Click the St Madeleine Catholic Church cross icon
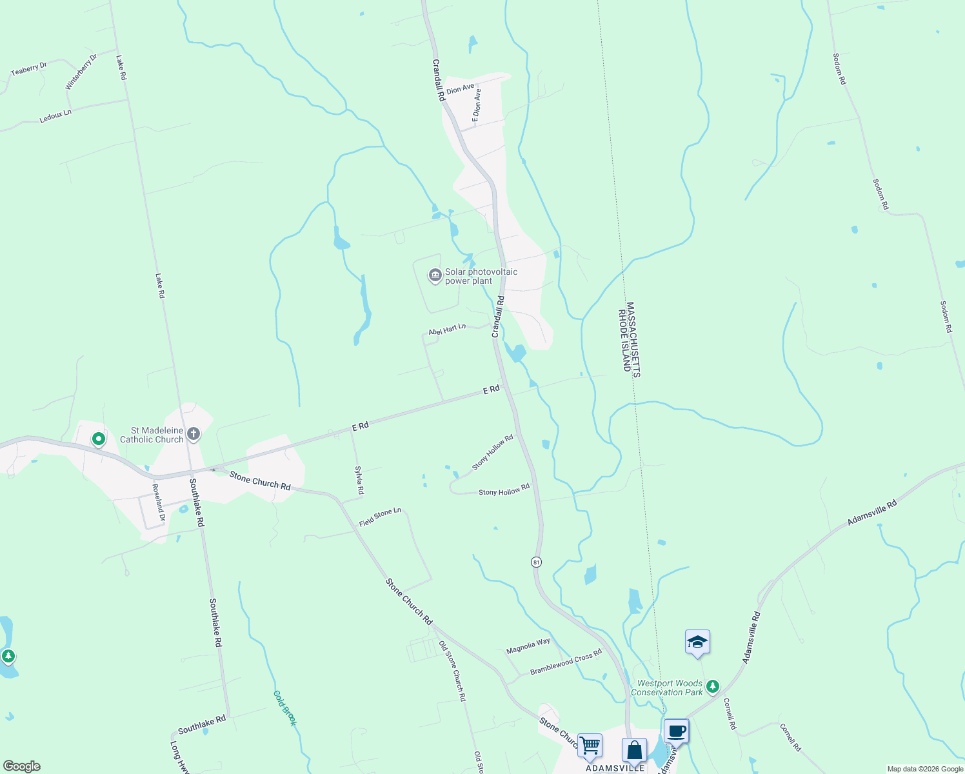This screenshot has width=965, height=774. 194,434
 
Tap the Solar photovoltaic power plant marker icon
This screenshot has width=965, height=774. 435,276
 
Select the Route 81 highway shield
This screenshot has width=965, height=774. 536,562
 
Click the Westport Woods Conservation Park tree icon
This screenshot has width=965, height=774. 712,686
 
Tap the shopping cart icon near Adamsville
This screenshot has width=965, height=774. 590,745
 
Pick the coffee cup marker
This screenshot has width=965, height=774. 676,731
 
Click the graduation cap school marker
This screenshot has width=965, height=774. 697,642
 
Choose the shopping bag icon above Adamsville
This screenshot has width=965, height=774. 634,750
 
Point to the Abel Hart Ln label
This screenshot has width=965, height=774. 447,330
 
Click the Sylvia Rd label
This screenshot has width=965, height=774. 360,481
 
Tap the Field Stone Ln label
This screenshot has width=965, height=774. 380,517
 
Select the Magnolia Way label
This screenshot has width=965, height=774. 528,646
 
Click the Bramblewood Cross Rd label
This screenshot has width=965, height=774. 566,662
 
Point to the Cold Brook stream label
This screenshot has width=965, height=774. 284,708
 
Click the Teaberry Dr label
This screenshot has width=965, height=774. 29,69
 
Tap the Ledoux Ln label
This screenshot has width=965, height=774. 55,116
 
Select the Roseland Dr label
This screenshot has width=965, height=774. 159,498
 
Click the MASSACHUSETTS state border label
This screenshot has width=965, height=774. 632,340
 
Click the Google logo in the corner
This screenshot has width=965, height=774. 21,766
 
